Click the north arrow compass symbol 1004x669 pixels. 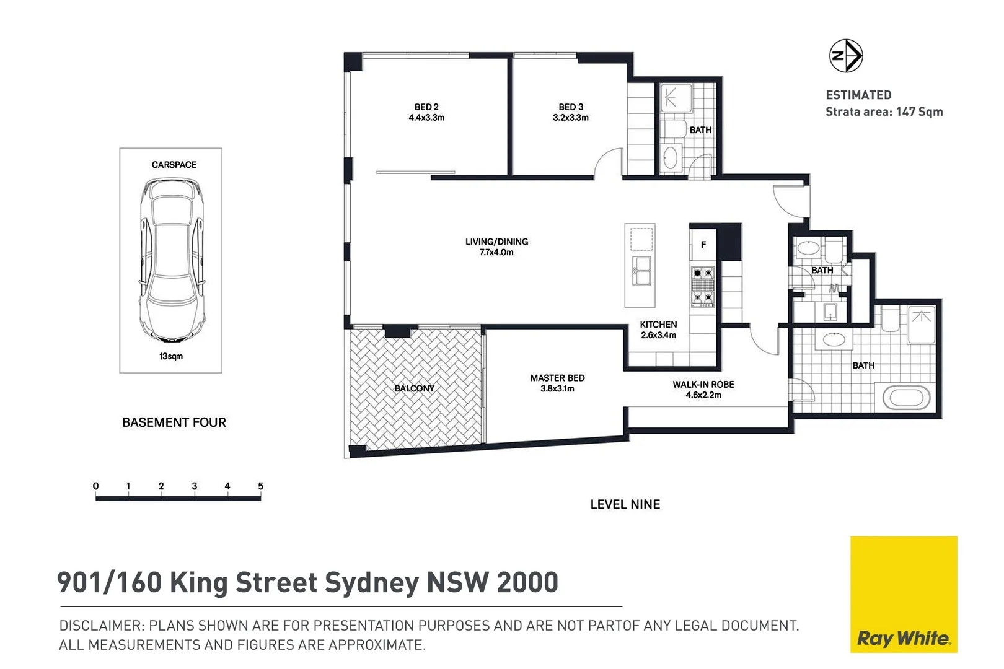click(845, 56)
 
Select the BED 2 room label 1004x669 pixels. click(426, 107)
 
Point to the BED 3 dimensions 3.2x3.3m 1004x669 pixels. click(570, 118)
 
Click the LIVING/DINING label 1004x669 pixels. click(496, 242)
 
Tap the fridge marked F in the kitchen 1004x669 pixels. click(703, 245)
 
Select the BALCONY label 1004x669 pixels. click(414, 388)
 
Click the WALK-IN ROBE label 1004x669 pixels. click(703, 384)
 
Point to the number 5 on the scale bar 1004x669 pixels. click(260, 486)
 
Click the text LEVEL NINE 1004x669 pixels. click(625, 504)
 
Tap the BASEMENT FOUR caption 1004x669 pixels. click(174, 422)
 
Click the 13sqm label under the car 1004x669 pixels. click(171, 356)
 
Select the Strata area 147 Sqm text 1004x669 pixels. click(884, 112)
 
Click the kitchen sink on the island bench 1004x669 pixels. click(641, 271)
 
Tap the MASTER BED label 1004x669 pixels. click(557, 378)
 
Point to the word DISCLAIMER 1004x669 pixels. click(102, 626)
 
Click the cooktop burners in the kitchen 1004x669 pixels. click(703, 286)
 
